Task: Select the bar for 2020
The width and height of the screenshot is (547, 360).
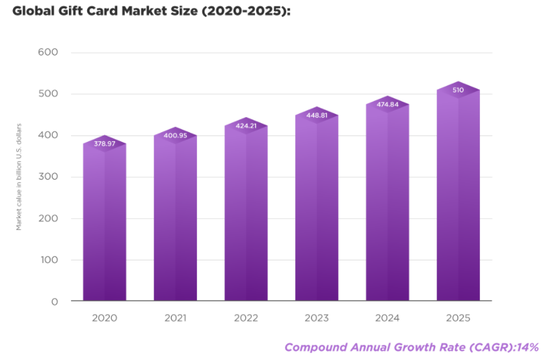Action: tap(104, 221)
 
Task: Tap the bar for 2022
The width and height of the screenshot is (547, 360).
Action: tap(246, 215)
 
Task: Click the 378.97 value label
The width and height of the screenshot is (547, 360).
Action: tap(104, 143)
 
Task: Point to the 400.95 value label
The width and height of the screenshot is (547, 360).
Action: tap(175, 135)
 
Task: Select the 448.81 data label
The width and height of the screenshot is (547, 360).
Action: tap(317, 116)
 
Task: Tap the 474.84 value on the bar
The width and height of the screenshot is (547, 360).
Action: tap(388, 105)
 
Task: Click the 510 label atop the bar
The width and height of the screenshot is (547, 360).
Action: tap(458, 90)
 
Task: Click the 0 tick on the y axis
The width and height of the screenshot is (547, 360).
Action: tap(54, 301)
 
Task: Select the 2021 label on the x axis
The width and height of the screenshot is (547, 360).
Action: tap(175, 318)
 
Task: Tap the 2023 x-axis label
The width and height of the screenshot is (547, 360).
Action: tap(317, 318)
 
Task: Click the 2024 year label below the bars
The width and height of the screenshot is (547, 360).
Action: tap(388, 318)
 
